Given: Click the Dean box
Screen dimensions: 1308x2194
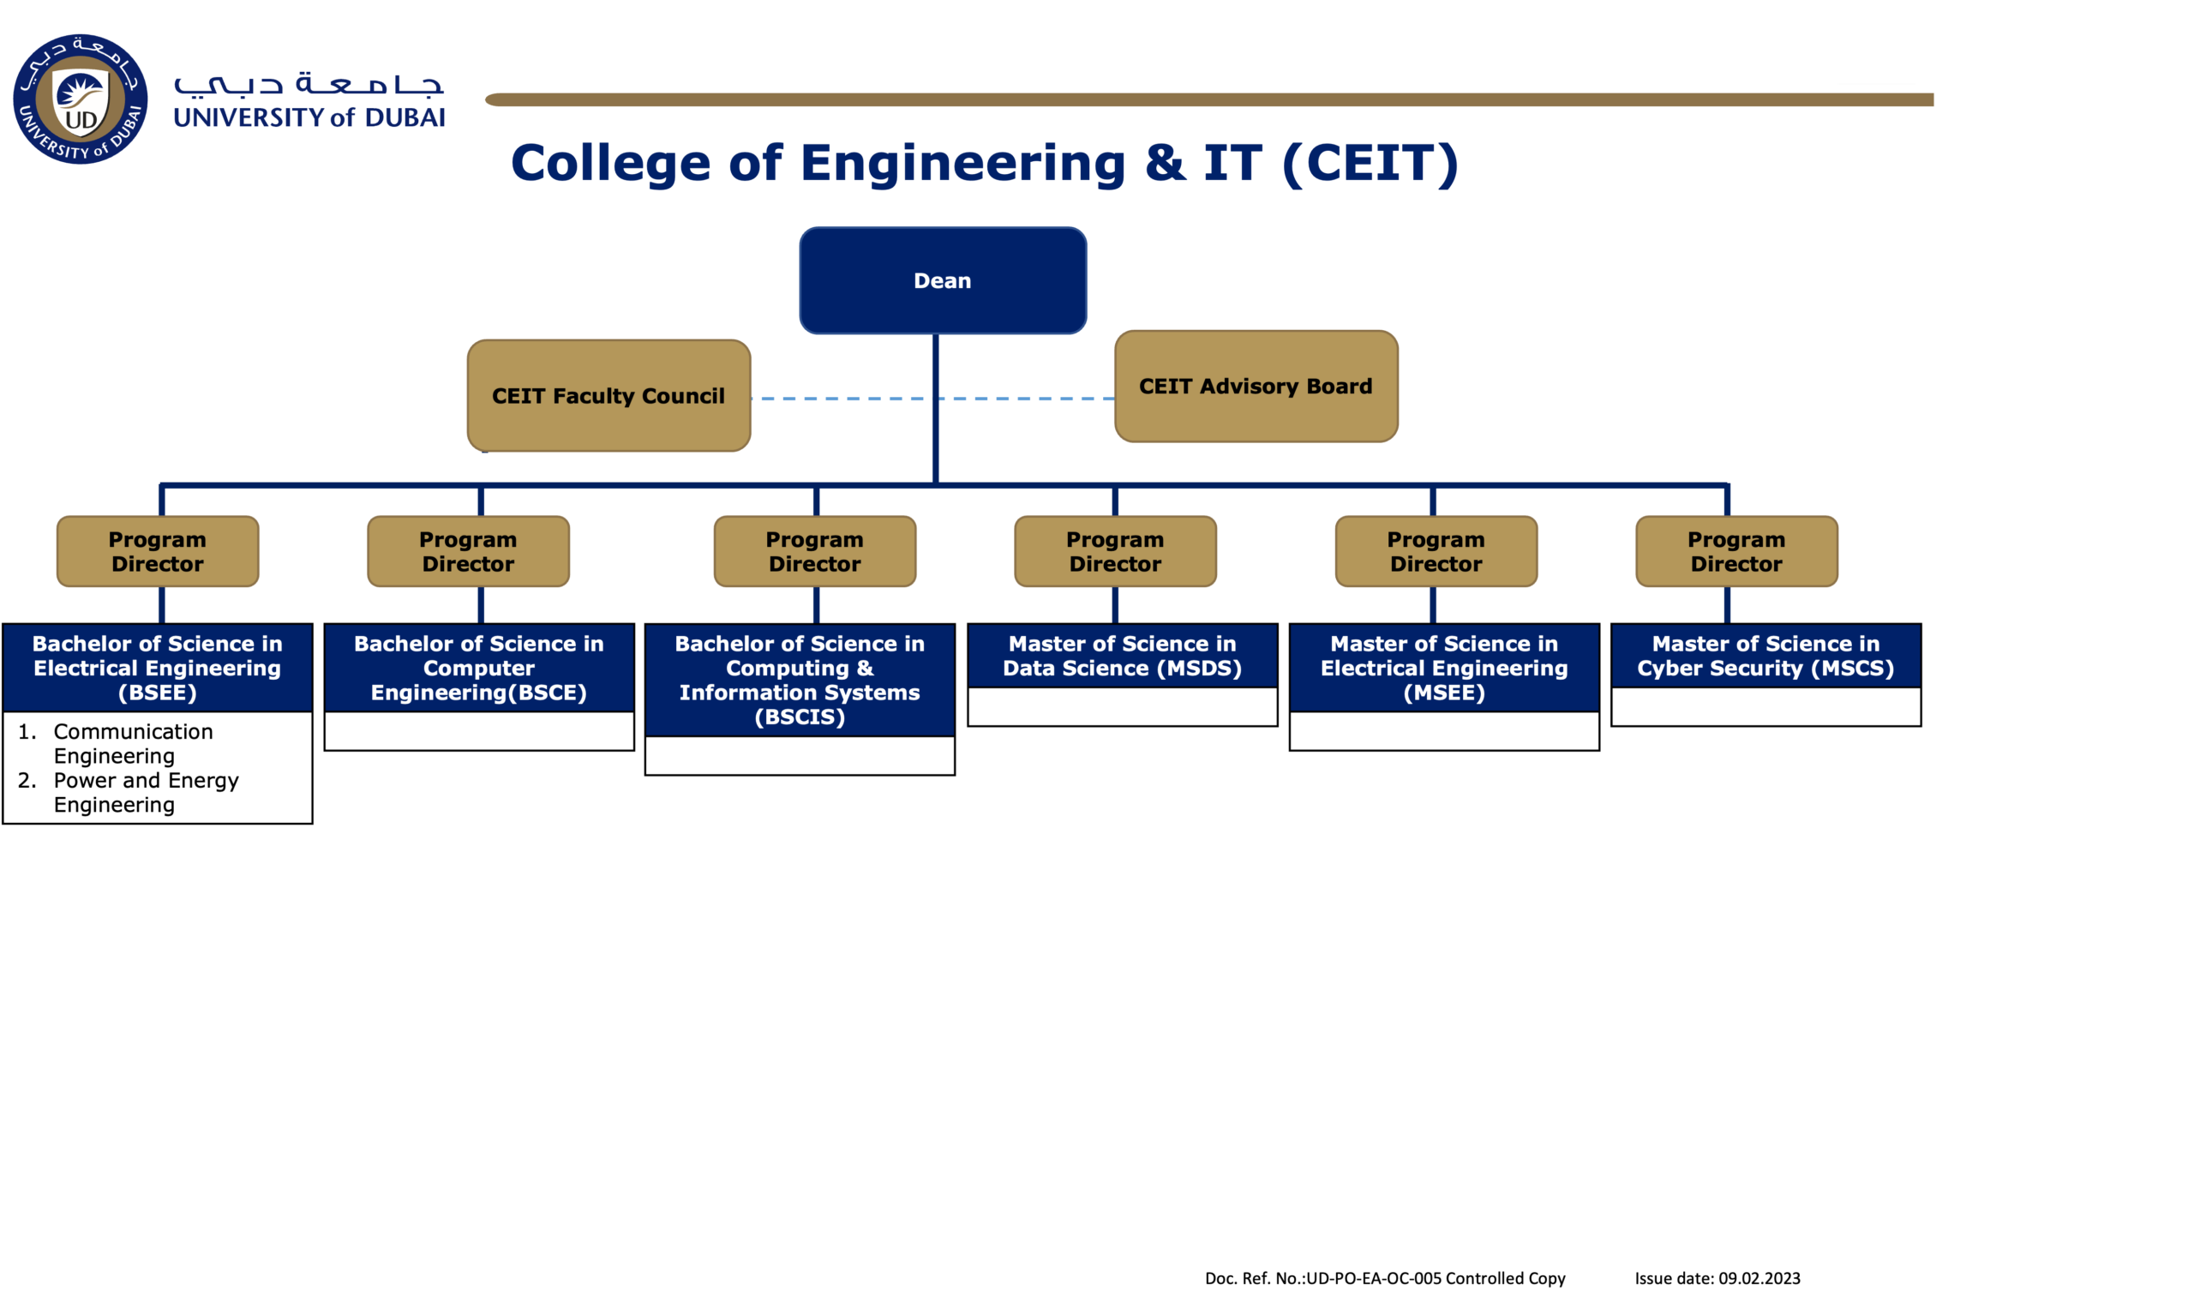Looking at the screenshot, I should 943,280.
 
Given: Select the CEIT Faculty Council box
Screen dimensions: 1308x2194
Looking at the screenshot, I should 608,396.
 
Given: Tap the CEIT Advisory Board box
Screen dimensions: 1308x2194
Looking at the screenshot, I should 1256,386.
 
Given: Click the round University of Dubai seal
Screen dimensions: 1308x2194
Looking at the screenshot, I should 81,99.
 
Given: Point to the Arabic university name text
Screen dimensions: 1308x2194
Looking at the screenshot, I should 309,85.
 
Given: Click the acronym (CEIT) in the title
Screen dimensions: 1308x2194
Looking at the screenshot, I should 1370,163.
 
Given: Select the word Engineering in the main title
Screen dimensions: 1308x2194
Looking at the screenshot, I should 962,163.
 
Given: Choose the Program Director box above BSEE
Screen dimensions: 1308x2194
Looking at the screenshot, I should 158,552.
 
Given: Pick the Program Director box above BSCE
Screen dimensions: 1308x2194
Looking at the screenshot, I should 468,552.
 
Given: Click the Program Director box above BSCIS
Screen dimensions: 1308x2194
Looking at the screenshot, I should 815,552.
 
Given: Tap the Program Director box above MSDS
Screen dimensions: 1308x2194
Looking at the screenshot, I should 1116,552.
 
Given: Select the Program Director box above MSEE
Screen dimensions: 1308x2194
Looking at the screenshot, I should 1436,552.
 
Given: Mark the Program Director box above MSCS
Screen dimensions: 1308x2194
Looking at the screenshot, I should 1736,552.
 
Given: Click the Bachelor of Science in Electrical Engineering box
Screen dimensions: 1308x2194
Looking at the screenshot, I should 158,668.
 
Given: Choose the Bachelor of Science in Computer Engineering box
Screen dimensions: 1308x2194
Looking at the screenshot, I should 479,668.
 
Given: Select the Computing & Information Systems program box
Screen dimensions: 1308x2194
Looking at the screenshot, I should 800,680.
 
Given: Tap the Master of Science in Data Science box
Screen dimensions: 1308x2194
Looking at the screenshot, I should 1123,656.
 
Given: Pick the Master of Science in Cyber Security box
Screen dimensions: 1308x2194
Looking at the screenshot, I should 1765,656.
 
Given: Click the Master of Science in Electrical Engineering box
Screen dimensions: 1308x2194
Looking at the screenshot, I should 1444,668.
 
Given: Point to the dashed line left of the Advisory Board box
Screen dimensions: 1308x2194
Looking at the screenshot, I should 1027,399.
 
